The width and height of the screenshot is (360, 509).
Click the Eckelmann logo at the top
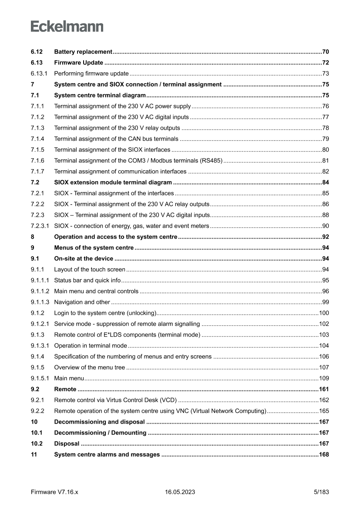pyautogui.click(x=67, y=27)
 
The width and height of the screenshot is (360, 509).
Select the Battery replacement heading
pyautogui.click(x=83, y=52)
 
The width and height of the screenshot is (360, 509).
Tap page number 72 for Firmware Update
pyautogui.click(x=325, y=63)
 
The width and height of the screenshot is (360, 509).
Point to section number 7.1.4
pyautogui.click(x=38, y=139)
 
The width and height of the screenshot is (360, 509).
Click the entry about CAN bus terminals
pyautogui.click(x=116, y=139)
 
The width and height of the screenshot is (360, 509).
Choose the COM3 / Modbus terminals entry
pyautogui.click(x=138, y=161)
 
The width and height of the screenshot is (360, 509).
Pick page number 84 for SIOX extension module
pyautogui.click(x=325, y=182)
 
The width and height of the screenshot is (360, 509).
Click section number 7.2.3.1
pyautogui.click(x=40, y=226)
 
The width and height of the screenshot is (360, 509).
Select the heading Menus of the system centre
pyautogui.click(x=94, y=248)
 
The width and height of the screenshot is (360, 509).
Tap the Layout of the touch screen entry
pyautogui.click(x=90, y=270)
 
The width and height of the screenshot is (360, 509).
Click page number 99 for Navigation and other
pyautogui.click(x=325, y=302)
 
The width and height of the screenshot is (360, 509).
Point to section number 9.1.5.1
pyautogui.click(x=40, y=378)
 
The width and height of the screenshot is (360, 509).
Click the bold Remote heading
pyautogui.click(x=65, y=389)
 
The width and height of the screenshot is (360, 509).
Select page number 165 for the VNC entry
pyautogui.click(x=324, y=411)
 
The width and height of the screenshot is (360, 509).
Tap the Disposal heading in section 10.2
pyautogui.click(x=67, y=444)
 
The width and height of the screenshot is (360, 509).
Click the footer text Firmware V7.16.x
pyautogui.click(x=54, y=492)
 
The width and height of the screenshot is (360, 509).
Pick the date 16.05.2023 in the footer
pyautogui.click(x=180, y=492)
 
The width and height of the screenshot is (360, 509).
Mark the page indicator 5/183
pyautogui.click(x=321, y=492)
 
